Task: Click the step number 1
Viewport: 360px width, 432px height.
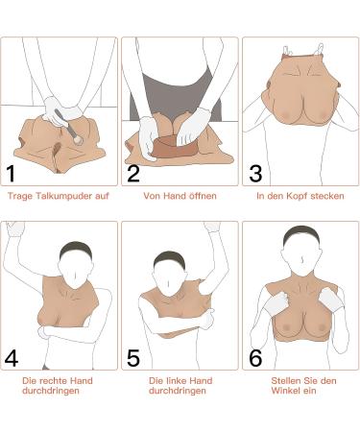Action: pyautogui.click(x=11, y=174)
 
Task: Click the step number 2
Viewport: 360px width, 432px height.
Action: pyautogui.click(x=133, y=174)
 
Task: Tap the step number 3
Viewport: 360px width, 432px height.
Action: pyautogui.click(x=255, y=174)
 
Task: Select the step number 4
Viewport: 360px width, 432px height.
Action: pyautogui.click(x=12, y=358)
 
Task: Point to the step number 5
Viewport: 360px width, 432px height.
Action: pyautogui.click(x=133, y=358)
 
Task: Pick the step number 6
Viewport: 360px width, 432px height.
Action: pyautogui.click(x=255, y=358)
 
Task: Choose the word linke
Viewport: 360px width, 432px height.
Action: pyautogui.click(x=177, y=381)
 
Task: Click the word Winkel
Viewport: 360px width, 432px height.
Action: pyautogui.click(x=285, y=391)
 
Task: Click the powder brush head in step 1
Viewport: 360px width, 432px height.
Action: pyautogui.click(x=78, y=139)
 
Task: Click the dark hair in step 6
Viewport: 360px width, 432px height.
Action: pyautogui.click(x=301, y=235)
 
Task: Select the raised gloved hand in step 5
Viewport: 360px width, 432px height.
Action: pyautogui.click(x=212, y=227)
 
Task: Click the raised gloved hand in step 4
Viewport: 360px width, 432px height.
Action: pyautogui.click(x=15, y=228)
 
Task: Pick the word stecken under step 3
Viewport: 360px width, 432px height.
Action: pyautogui.click(x=327, y=196)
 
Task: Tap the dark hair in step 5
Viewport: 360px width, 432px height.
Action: pyautogui.click(x=169, y=258)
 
